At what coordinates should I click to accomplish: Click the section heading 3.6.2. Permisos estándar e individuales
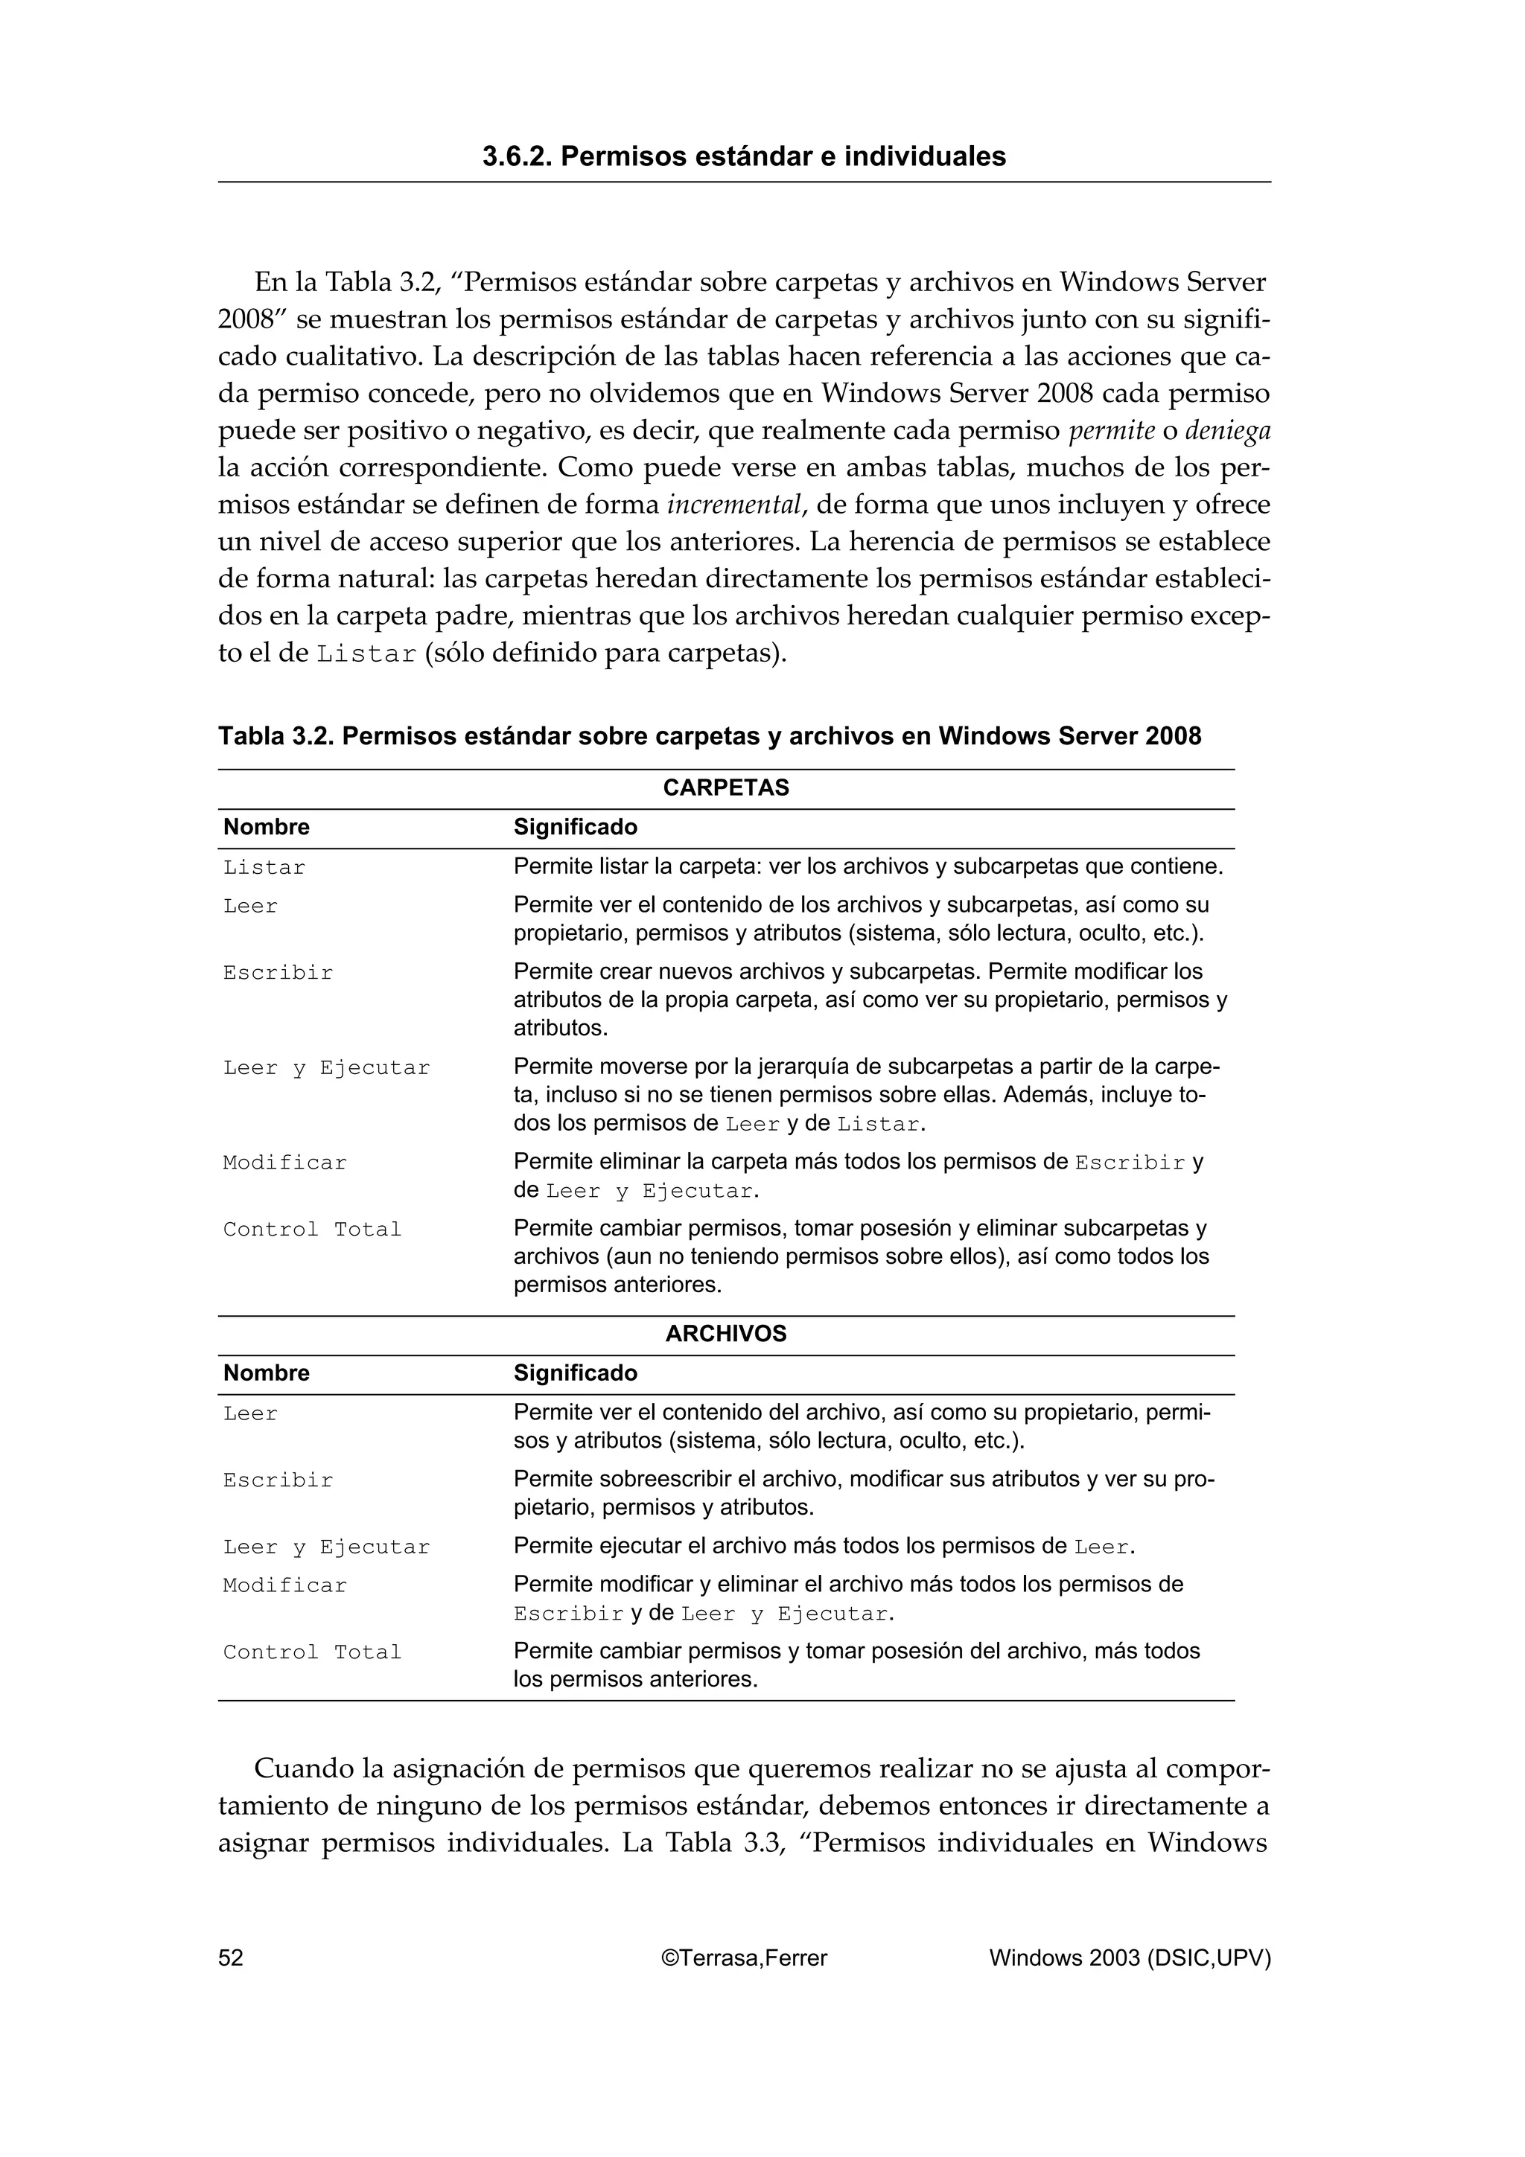743,156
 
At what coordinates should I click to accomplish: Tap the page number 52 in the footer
230,1958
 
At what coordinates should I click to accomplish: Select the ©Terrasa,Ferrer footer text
744,1958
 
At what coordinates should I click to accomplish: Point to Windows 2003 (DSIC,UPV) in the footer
1130,1958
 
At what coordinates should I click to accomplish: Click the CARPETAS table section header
725,788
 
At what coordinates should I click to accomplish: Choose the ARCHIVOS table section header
725,1334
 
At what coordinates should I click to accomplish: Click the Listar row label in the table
264,868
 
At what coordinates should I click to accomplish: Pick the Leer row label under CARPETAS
250,907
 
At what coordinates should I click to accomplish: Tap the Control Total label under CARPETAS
312,1230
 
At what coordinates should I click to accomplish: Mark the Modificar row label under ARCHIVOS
284,1586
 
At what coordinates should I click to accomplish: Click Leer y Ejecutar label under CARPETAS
326,1068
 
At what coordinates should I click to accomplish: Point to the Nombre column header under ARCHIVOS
266,1373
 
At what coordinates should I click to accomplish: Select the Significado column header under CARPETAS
575,828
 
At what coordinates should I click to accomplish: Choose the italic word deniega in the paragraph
1227,431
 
